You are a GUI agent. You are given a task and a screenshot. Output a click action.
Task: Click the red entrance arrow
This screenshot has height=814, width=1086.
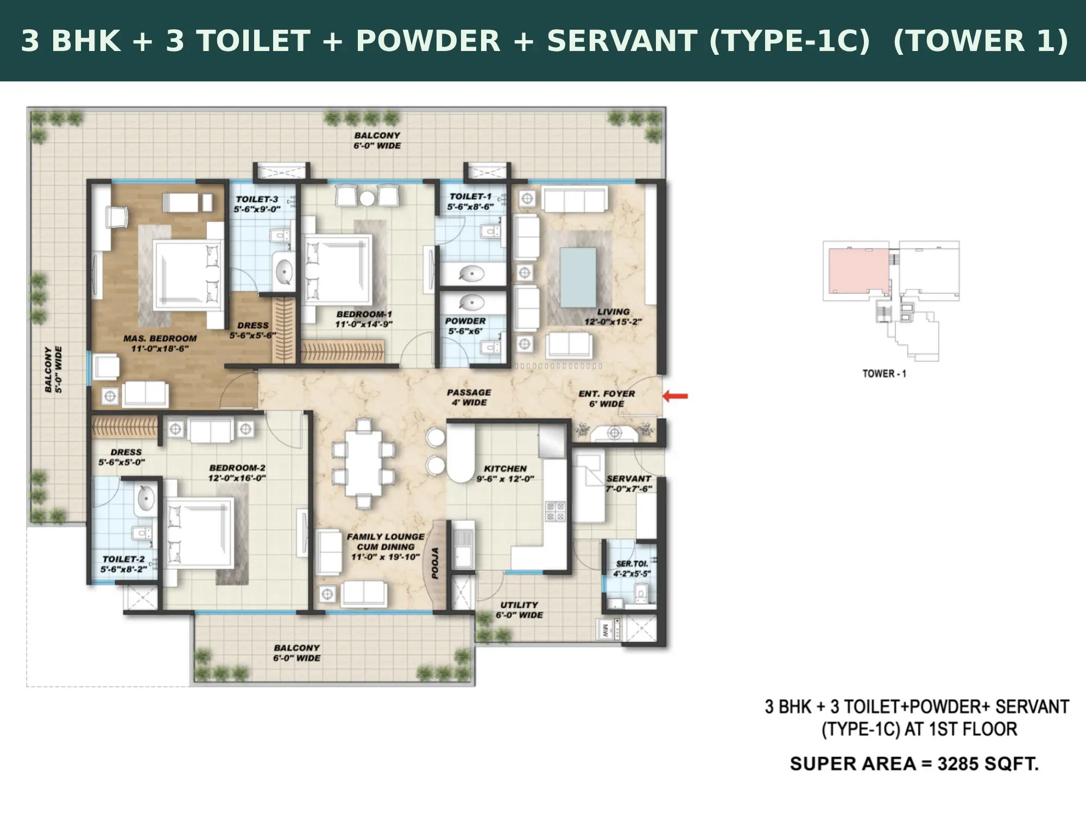pyautogui.click(x=675, y=396)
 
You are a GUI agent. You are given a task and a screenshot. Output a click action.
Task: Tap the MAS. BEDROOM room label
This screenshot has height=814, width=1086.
pyautogui.click(x=160, y=338)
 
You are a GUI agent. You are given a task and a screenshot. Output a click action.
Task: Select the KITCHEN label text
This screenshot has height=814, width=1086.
pyautogui.click(x=506, y=468)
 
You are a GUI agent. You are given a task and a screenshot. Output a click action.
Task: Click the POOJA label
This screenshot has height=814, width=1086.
pyautogui.click(x=435, y=563)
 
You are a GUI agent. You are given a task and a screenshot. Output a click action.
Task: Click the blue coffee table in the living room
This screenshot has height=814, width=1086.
pyautogui.click(x=578, y=277)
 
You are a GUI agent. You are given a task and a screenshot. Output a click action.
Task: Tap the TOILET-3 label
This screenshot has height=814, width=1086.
pyautogui.click(x=257, y=199)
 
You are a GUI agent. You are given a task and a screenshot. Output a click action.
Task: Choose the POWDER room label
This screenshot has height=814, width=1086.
pyautogui.click(x=465, y=321)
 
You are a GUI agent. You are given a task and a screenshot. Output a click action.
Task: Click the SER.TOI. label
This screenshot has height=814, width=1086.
pyautogui.click(x=632, y=564)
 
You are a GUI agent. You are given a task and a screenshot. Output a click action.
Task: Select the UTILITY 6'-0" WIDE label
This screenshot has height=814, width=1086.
pyautogui.click(x=519, y=610)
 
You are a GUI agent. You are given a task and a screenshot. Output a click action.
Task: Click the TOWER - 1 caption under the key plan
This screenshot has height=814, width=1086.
pyautogui.click(x=884, y=373)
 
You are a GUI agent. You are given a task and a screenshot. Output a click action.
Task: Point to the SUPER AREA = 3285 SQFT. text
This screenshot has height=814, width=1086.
pyautogui.click(x=914, y=764)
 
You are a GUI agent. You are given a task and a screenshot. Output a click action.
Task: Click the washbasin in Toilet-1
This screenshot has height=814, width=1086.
pyautogui.click(x=472, y=273)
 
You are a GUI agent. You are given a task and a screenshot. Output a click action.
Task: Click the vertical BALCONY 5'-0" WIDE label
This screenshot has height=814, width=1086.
pyautogui.click(x=53, y=369)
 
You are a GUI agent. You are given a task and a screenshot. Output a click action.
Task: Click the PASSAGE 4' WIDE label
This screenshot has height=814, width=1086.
pyautogui.click(x=469, y=397)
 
